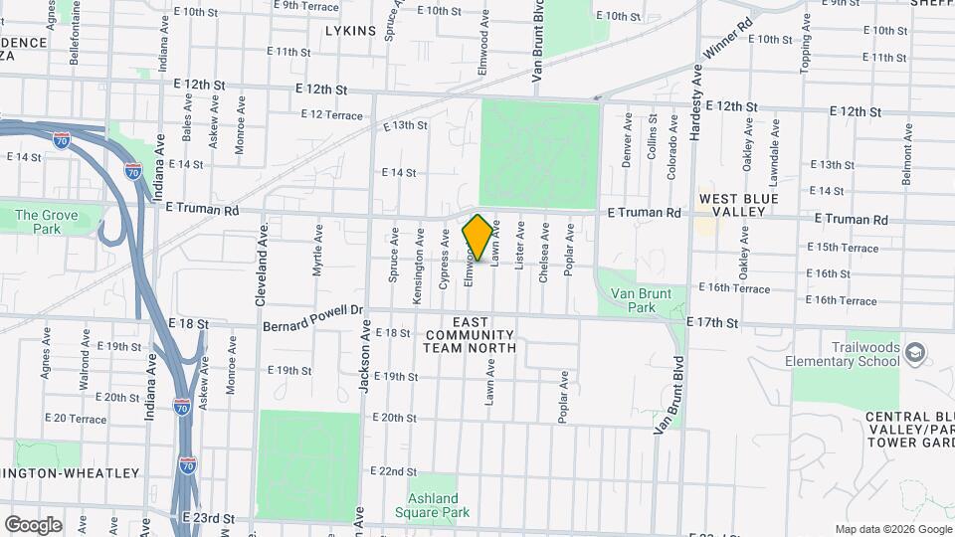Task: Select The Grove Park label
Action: pyautogui.click(x=38, y=222)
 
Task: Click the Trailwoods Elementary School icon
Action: pyautogui.click(x=915, y=353)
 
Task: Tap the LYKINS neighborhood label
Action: pyautogui.click(x=350, y=31)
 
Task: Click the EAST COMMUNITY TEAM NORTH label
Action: pyautogui.click(x=470, y=335)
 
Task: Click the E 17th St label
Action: pyautogui.click(x=713, y=323)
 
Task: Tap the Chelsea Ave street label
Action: pyautogui.click(x=544, y=253)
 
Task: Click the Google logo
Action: pyautogui.click(x=33, y=524)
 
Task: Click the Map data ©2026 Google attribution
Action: pyautogui.click(x=892, y=529)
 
